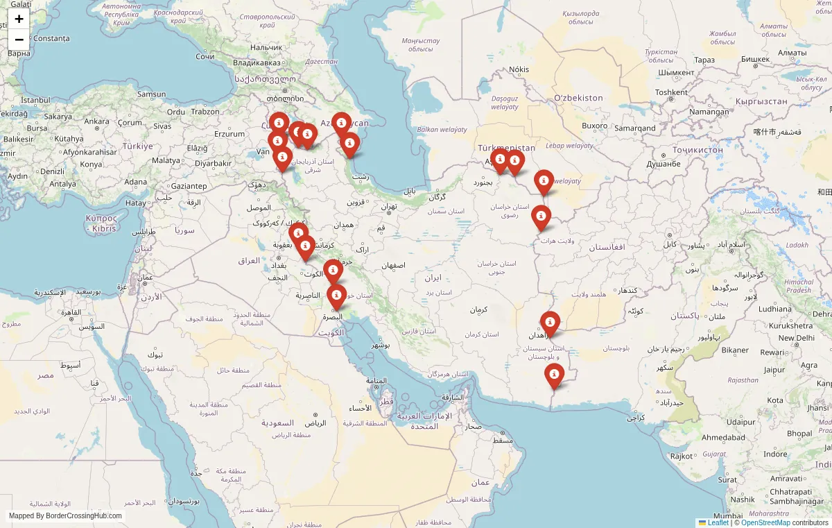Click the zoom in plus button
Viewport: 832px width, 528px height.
pos(19,19)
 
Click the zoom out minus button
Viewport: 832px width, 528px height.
pos(19,40)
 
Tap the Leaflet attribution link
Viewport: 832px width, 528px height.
pos(718,522)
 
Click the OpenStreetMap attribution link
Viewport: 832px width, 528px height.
pos(765,522)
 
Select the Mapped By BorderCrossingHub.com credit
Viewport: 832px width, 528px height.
pos(65,516)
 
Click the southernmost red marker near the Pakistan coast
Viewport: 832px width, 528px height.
pos(554,375)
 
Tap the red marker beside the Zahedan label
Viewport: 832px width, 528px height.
pos(550,323)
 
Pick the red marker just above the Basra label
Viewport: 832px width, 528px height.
pos(336,296)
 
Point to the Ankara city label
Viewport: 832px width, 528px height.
pos(96,121)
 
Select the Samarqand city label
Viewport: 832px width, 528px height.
pos(634,128)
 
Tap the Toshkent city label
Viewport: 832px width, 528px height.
pos(671,92)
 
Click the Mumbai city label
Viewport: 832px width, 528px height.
pos(727,516)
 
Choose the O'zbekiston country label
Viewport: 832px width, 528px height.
pos(578,98)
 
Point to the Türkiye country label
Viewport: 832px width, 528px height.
pos(137,146)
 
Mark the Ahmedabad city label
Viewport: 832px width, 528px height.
pos(723,437)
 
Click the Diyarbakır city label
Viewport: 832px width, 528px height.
pos(213,163)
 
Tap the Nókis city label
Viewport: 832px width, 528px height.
pos(519,69)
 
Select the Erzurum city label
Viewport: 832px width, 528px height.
pos(229,134)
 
